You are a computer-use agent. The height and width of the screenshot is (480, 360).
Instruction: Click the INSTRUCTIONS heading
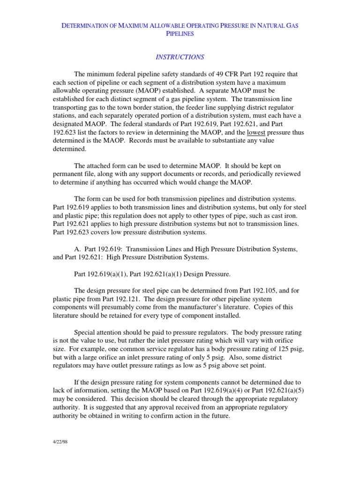pos(180,57)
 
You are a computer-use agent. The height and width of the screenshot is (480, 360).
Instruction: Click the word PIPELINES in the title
pos(180,34)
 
